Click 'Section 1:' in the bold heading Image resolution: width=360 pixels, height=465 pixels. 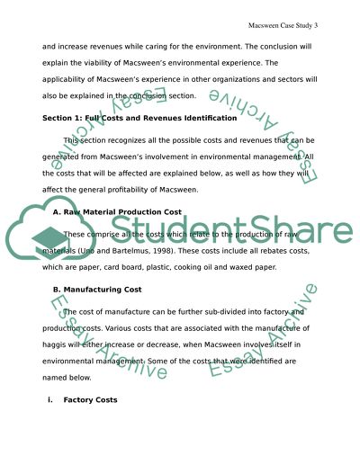coord(66,118)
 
